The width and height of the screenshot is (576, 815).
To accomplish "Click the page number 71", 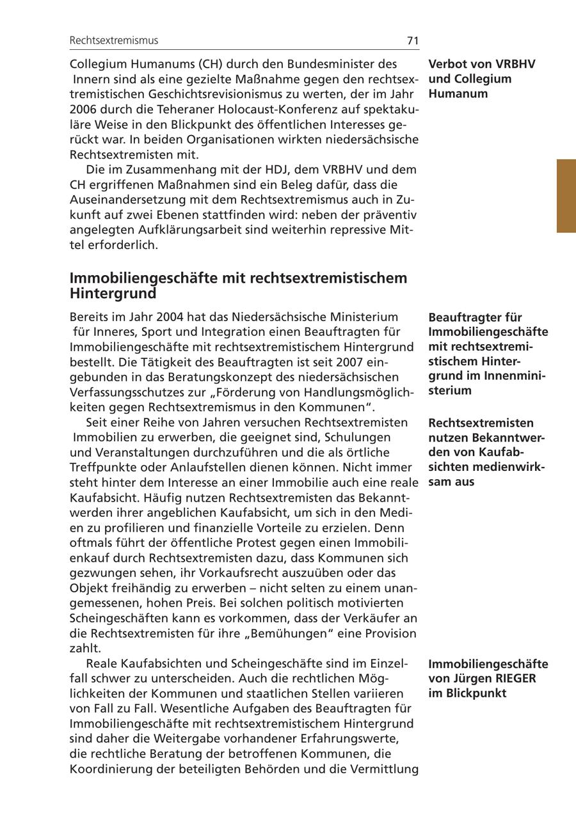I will (412, 40).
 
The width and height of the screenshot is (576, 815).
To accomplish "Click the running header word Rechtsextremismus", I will (114, 40).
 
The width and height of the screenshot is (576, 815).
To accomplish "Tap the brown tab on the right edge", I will (566, 196).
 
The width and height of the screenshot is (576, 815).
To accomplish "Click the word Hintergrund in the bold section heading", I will (113, 294).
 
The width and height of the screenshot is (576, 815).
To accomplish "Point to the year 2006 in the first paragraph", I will (83, 109).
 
